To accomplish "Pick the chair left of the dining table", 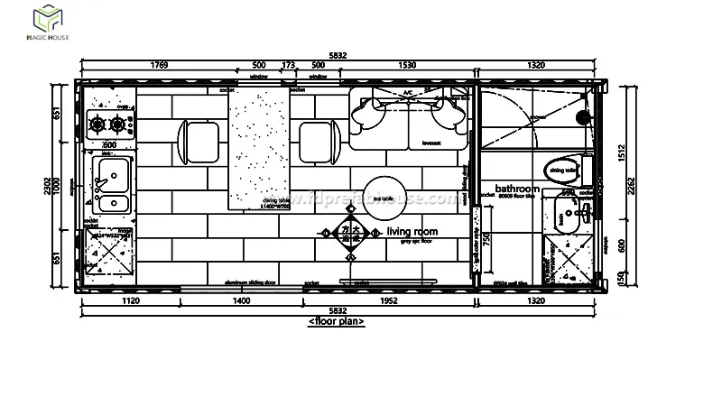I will click(x=199, y=140).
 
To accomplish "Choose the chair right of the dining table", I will click(x=318, y=140).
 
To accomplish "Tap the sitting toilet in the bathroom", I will click(x=561, y=169).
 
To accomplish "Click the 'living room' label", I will click(x=412, y=232).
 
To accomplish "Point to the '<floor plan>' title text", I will click(x=337, y=321).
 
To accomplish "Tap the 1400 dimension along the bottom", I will click(x=240, y=301).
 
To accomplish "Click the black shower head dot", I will click(x=582, y=116).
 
